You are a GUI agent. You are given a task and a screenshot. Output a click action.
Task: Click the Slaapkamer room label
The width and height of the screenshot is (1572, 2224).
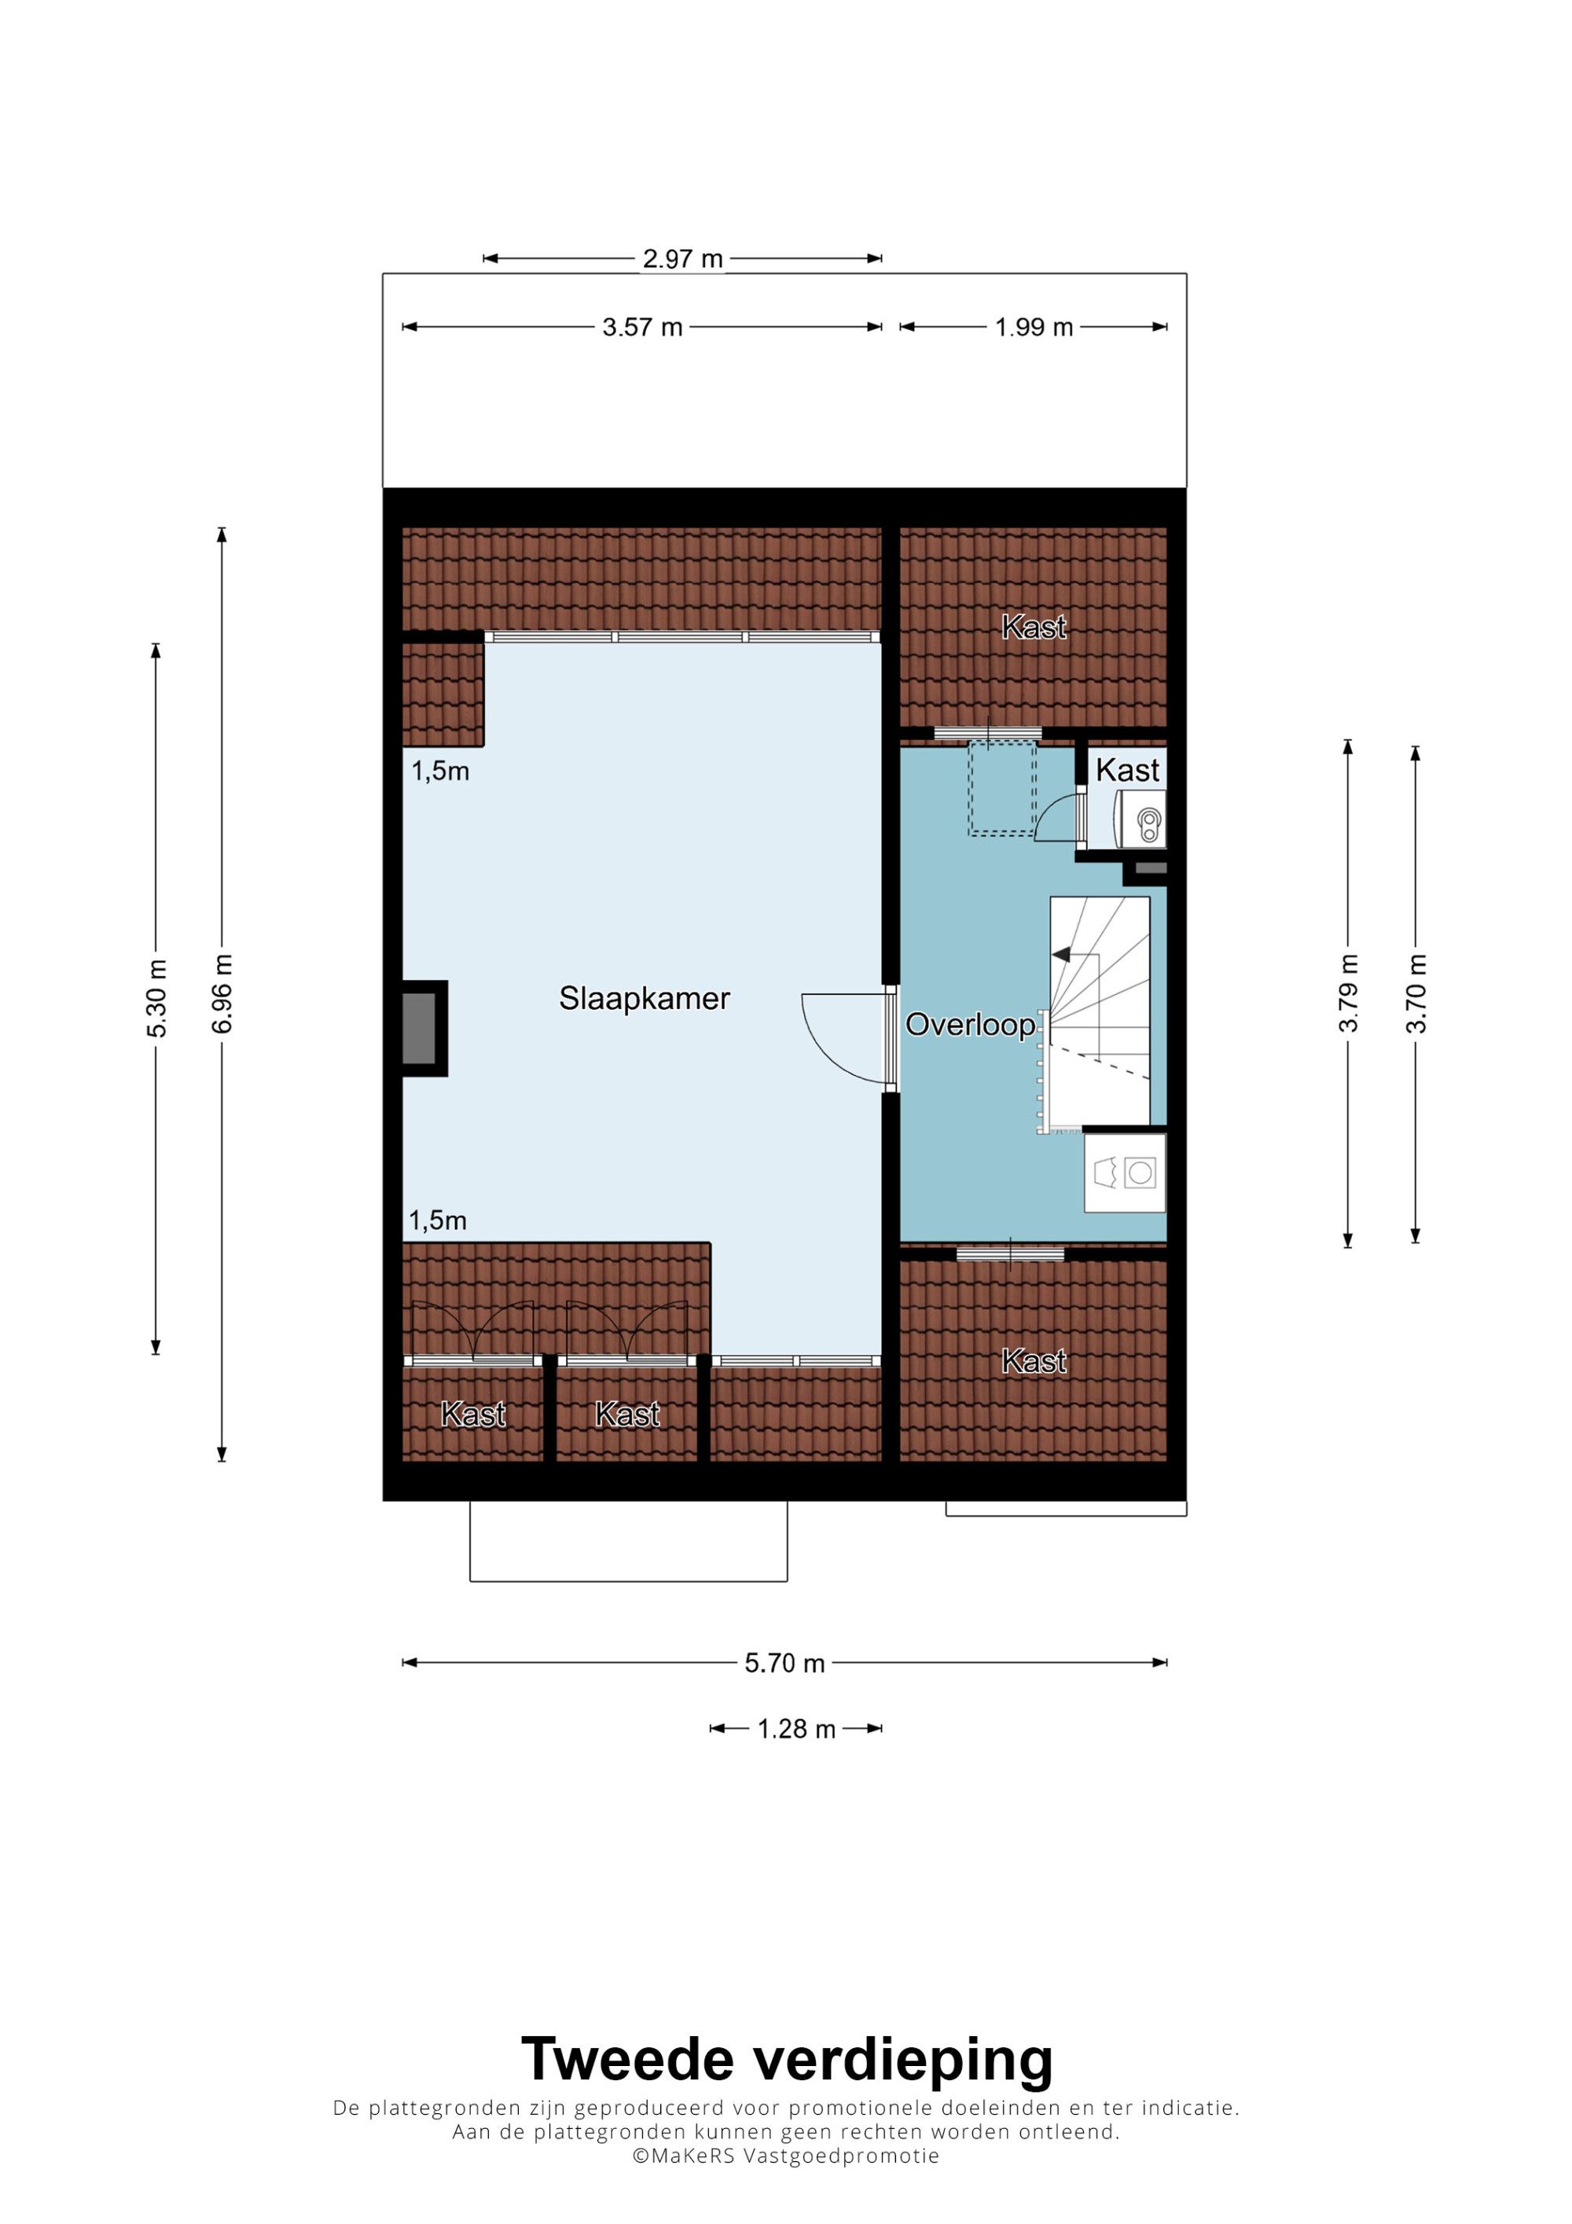point(644,999)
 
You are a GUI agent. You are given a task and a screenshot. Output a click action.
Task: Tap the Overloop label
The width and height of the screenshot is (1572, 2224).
point(971,1025)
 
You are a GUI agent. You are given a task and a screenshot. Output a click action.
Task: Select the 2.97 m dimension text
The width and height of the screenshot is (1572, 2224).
point(683,259)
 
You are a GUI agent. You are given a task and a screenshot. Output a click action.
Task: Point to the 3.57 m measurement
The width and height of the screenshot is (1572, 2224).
point(642,328)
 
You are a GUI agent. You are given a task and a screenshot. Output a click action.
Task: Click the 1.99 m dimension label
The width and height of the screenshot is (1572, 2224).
point(1034,328)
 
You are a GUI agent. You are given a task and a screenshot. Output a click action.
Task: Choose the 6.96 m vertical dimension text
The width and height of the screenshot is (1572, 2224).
point(222,994)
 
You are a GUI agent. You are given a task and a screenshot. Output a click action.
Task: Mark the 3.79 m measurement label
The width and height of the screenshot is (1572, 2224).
point(1348,994)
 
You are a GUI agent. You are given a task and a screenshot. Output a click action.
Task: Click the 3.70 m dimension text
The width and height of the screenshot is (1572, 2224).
point(1416,994)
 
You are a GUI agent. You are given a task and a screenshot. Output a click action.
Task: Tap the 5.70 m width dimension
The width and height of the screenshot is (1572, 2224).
point(784,1663)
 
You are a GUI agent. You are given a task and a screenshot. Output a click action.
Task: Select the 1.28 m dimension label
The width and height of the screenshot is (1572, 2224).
point(796,1729)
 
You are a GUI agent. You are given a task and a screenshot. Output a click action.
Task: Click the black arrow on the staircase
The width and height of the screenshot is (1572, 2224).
point(1062,955)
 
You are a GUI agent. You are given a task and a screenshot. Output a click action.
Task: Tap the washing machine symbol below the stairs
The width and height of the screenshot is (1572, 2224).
point(1125,1172)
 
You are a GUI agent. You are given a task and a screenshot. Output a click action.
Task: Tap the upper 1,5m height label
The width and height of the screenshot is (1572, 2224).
point(441,771)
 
